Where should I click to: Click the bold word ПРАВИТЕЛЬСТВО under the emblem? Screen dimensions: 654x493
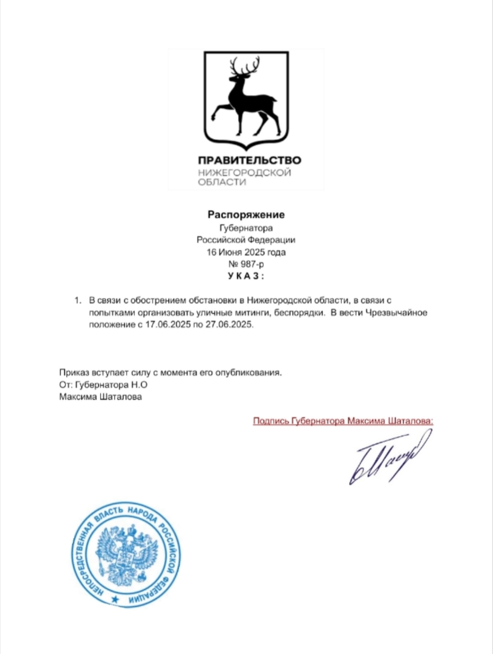coord(249,160)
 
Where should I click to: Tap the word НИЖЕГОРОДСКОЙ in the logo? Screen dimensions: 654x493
coord(244,172)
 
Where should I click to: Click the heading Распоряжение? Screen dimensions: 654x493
coord(246,215)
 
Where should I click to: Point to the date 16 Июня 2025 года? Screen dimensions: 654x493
coord(246,252)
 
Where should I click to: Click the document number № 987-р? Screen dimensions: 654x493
coord(246,264)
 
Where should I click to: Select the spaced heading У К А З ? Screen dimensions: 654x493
coord(246,276)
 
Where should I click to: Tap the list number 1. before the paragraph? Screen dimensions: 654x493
coord(78,301)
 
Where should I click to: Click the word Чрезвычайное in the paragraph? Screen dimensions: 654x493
coord(396,313)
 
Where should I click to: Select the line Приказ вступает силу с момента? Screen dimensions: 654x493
coord(170,372)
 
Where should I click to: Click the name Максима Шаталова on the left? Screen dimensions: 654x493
coord(100,397)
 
